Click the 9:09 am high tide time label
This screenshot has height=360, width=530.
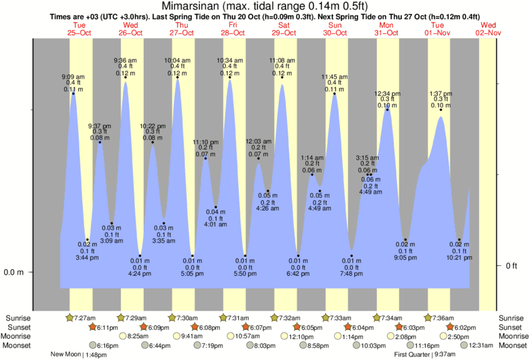74,77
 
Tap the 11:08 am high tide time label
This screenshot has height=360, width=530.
281,60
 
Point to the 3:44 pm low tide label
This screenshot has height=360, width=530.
88,257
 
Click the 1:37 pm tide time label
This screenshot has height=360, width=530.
440,94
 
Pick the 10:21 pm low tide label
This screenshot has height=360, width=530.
459,257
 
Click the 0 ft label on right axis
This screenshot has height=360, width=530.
511,266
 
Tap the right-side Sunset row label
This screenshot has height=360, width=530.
511,327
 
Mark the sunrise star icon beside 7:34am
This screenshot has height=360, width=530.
377,317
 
